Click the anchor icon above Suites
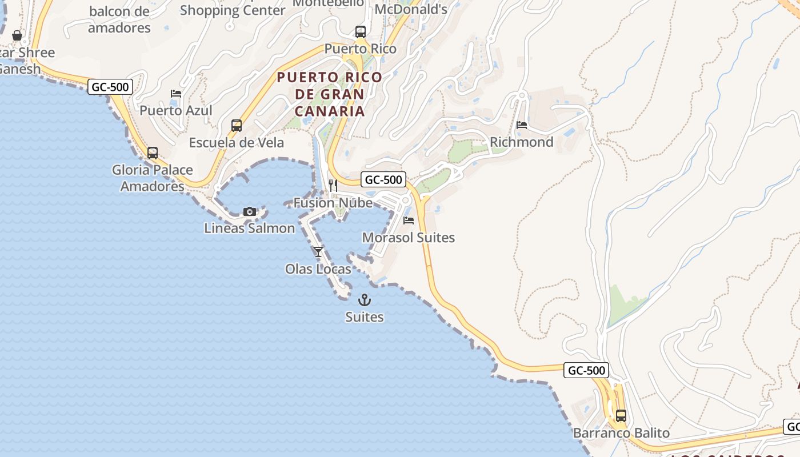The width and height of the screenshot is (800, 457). [x=364, y=300]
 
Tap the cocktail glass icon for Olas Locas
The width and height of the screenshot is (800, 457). [x=318, y=252]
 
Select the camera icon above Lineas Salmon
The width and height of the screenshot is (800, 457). [x=249, y=212]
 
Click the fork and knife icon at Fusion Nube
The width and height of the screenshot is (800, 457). [x=333, y=186]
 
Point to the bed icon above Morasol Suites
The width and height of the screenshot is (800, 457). [x=409, y=221]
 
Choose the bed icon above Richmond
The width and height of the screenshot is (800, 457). [x=521, y=125]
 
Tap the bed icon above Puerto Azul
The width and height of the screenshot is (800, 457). [x=176, y=94]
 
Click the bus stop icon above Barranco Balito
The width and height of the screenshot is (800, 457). [x=621, y=416]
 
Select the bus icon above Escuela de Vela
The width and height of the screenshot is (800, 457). [x=237, y=126]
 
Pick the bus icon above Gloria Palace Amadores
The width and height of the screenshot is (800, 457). [x=153, y=153]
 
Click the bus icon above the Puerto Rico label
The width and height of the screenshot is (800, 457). [x=360, y=32]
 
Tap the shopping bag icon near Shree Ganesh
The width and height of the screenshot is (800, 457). [x=17, y=35]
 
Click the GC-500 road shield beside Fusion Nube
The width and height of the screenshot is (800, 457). [x=383, y=179]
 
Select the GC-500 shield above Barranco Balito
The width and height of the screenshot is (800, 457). [x=586, y=370]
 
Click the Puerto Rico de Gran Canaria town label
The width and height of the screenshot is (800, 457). [x=330, y=94]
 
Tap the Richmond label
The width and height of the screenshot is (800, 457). [x=522, y=142]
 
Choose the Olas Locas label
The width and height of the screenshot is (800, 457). [x=318, y=269]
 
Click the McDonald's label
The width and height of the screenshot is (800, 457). [x=411, y=9]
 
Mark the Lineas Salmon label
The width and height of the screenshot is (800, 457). [x=250, y=228]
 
